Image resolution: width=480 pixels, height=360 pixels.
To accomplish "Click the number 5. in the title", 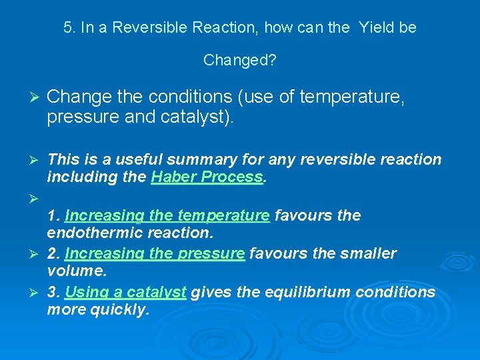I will [69, 28].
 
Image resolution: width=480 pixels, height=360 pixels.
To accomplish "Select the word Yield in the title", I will [376, 28].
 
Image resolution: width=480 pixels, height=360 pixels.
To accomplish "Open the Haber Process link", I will [207, 177].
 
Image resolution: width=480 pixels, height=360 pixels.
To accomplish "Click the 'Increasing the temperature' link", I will [167, 215].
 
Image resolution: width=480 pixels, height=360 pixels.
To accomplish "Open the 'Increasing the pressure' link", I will [155, 253].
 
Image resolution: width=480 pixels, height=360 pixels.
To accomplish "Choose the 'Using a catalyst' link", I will [125, 292].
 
